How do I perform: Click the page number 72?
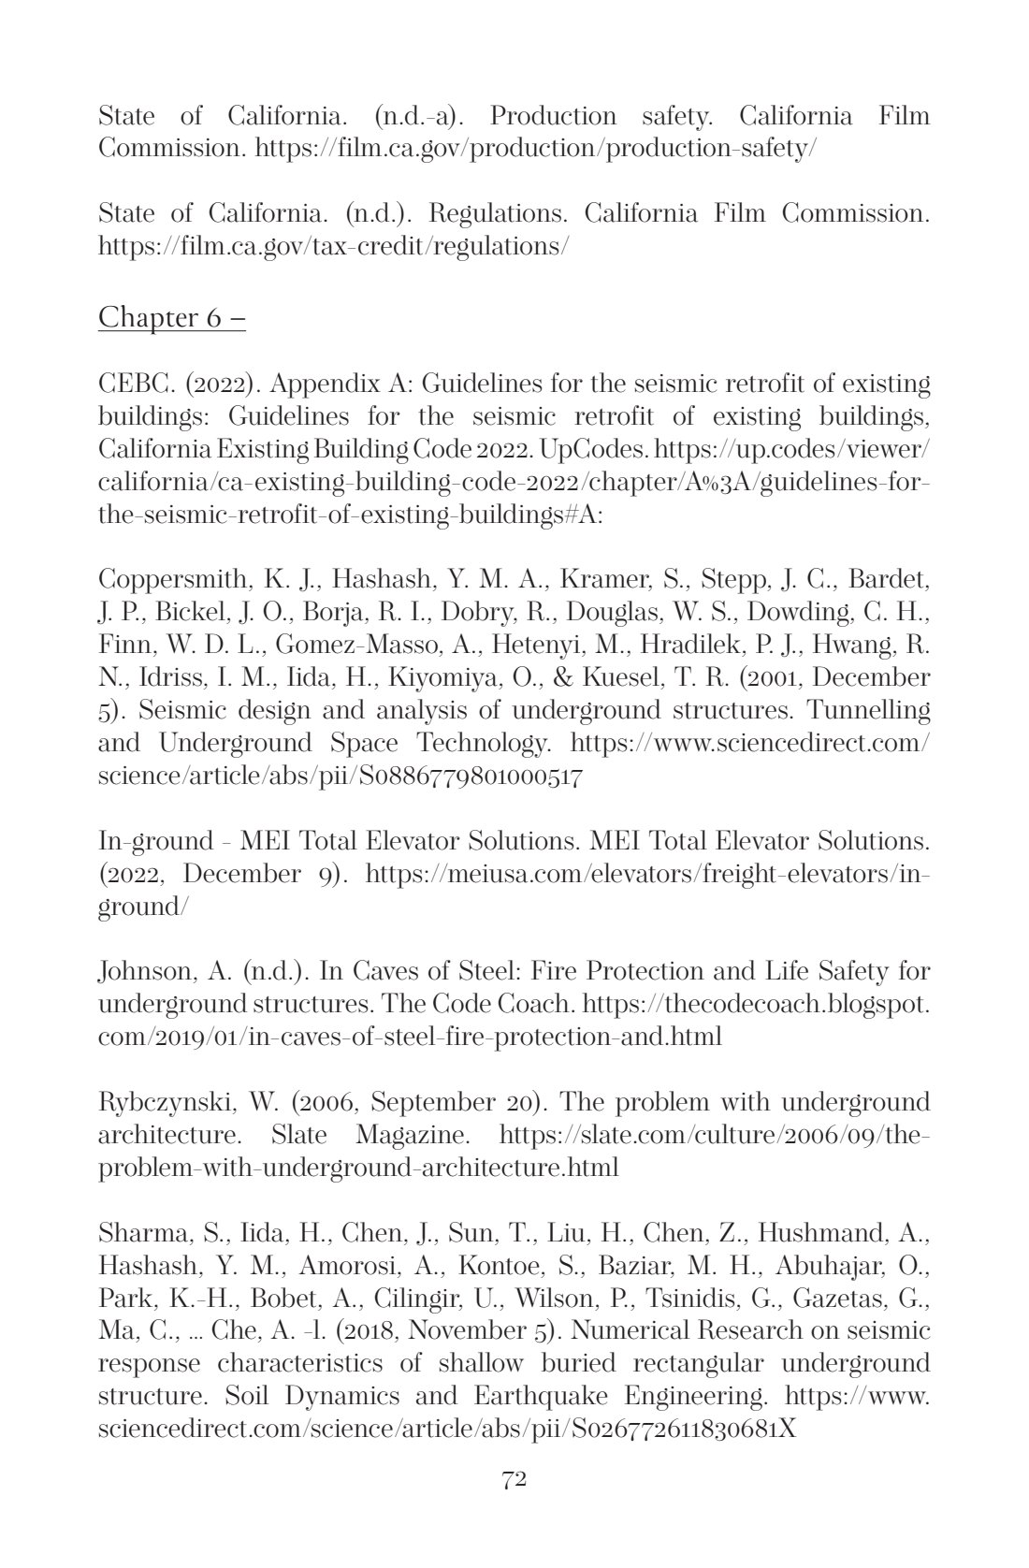pyautogui.click(x=514, y=1479)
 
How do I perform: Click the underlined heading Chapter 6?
pyautogui.click(x=172, y=317)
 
